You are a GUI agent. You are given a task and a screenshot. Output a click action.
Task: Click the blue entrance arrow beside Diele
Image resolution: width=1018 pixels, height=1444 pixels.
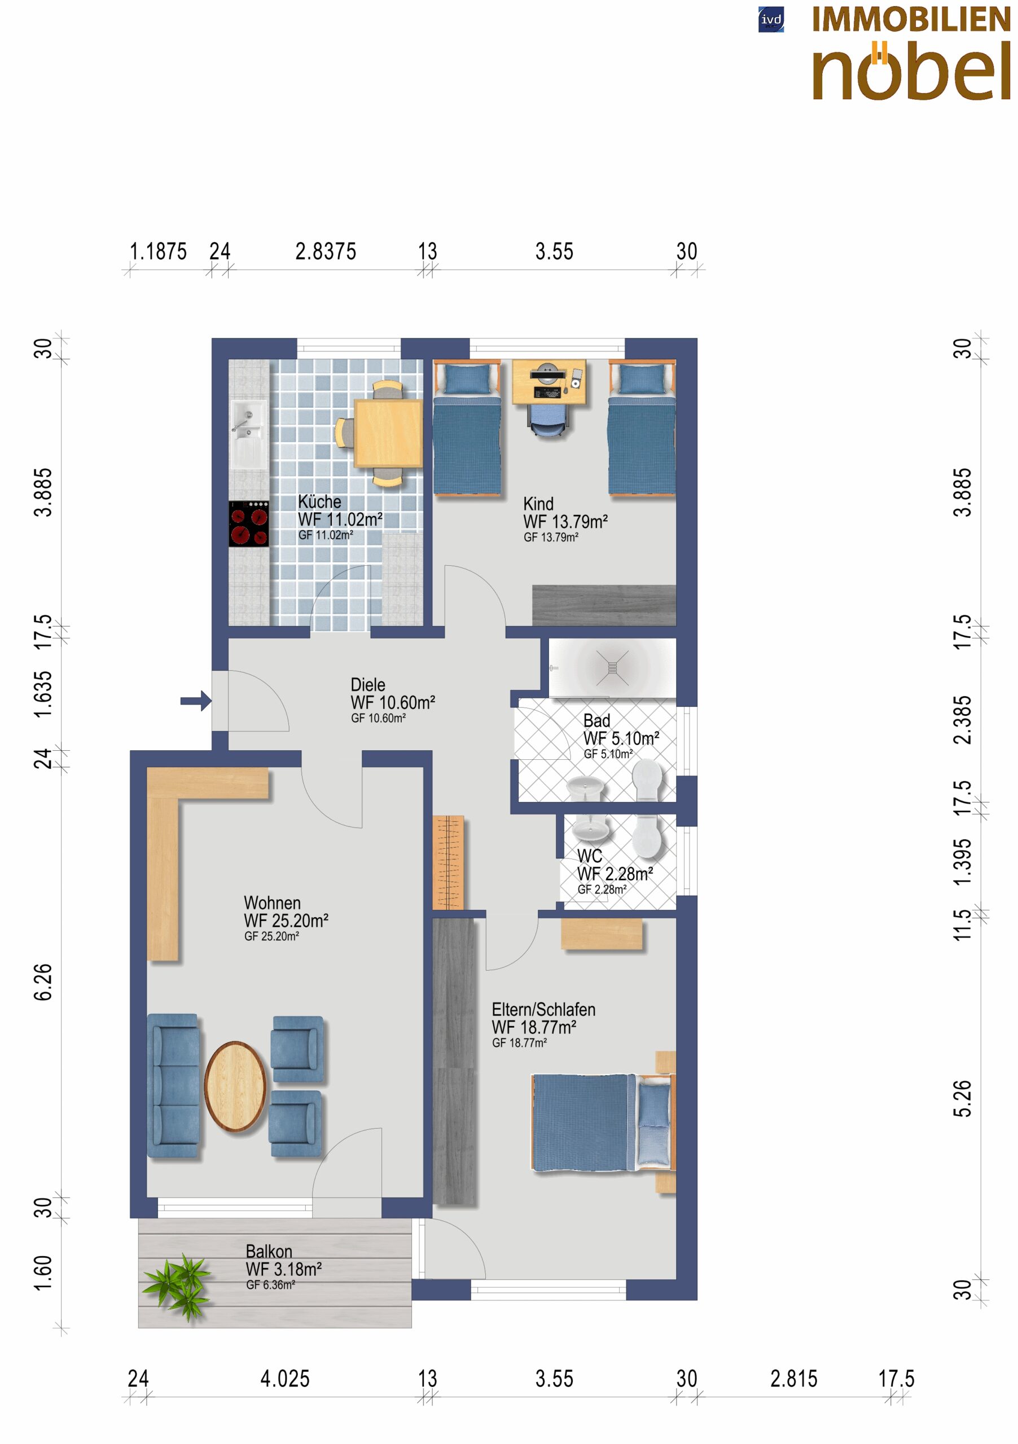pos(196,701)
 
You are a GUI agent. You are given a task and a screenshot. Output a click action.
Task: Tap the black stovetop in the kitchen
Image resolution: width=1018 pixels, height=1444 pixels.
pos(248,523)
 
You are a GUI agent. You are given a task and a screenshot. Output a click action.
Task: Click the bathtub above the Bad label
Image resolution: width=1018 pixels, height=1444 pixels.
pos(613,668)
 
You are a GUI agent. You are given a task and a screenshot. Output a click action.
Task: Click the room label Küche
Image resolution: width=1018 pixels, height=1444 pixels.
pos(319,501)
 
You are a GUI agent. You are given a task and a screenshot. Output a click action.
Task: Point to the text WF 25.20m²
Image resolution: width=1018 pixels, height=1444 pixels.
pos(286,920)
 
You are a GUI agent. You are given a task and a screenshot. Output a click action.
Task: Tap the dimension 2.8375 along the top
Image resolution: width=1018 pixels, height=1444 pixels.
pos(326,252)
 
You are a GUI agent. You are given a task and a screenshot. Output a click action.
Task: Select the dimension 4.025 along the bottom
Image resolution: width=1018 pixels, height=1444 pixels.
pos(285,1379)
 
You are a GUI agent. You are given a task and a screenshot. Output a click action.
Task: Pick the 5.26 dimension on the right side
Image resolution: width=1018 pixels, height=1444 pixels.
pos(963,1098)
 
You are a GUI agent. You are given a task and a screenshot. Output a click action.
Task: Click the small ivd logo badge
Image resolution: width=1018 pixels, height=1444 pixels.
pos(771,20)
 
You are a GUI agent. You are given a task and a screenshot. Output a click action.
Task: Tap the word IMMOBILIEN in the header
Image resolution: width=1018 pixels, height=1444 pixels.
pos(911,20)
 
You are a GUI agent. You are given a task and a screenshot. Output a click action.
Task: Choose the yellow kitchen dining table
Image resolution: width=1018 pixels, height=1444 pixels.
pos(388,433)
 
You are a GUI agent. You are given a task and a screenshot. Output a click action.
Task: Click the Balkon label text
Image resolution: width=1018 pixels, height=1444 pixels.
pos(269,1251)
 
